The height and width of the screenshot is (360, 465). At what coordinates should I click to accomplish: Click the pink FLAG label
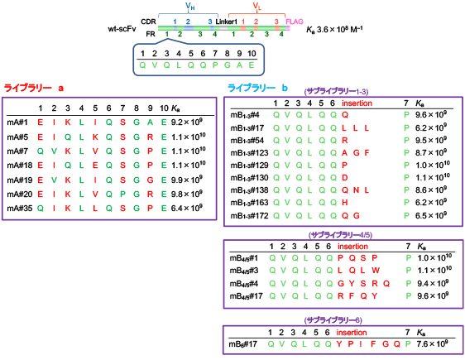(295, 22)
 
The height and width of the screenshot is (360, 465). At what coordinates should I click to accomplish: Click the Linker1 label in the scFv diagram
(226, 22)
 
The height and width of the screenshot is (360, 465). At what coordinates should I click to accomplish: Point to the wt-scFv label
(122, 29)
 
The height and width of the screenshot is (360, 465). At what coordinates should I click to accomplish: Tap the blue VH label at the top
(190, 7)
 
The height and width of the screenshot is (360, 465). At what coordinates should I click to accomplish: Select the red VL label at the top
(256, 7)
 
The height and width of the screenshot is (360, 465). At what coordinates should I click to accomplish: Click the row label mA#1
(17, 122)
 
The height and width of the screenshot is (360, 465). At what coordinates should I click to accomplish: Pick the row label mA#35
(20, 209)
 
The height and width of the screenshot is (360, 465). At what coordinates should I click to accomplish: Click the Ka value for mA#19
(186, 180)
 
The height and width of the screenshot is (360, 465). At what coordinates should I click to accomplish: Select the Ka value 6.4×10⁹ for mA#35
(186, 208)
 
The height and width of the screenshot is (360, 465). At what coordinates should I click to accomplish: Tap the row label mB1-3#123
(249, 153)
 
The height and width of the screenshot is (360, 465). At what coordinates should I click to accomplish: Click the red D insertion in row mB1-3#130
(344, 178)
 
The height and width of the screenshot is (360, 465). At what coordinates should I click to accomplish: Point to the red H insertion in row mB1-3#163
(344, 203)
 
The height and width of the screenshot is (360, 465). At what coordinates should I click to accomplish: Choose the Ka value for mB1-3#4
(431, 114)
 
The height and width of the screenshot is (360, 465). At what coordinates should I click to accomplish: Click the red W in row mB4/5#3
(376, 271)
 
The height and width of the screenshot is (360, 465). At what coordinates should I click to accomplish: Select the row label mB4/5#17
(246, 296)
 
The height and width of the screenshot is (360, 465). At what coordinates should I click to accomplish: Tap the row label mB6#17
(243, 344)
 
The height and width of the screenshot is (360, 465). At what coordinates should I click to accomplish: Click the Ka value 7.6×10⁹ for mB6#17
(432, 343)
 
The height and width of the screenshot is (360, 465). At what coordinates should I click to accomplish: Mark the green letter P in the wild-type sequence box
(215, 65)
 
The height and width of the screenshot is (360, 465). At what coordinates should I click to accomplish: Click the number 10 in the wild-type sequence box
(252, 53)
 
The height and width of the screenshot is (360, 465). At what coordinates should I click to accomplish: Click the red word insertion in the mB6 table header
(352, 333)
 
